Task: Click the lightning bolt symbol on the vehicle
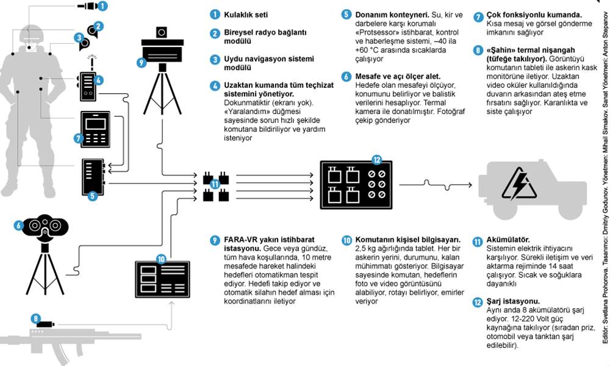point(519,181)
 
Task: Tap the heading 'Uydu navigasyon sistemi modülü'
point(271,59)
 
